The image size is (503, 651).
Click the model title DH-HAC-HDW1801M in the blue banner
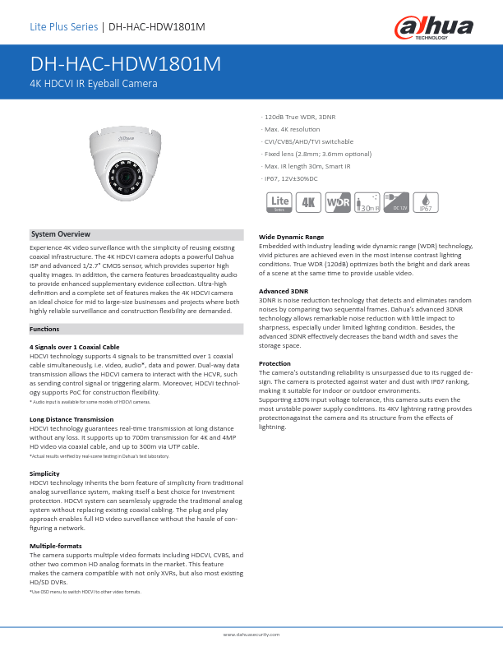pos(126,65)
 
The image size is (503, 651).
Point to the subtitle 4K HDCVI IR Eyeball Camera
pos(93,83)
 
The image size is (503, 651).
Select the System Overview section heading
pos(61,234)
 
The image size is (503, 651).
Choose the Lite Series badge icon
pos(280,202)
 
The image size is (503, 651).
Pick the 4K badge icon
pos(309,202)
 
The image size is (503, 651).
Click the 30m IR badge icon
pos(367,202)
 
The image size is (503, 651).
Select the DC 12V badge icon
pos(396,202)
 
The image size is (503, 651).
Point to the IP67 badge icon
pos(426,202)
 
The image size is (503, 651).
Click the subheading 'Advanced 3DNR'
pos(284,291)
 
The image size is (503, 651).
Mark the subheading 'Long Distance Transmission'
pos(72,419)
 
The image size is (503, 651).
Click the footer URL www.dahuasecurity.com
pos(251,635)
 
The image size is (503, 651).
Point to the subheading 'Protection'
pos(275,363)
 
